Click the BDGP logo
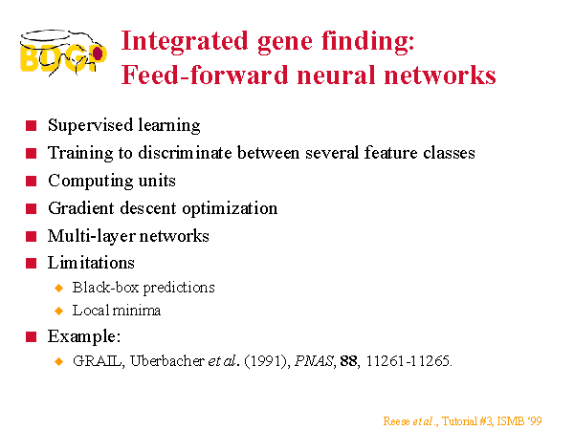click(63, 54)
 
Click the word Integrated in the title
click(185, 42)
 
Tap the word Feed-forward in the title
click(205, 75)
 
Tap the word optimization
click(230, 208)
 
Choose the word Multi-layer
click(92, 236)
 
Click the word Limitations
click(91, 263)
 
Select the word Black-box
click(106, 288)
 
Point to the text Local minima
click(117, 311)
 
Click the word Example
click(84, 336)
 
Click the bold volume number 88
click(349, 361)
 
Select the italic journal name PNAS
click(315, 361)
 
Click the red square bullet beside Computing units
click(32, 181)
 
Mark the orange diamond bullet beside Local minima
click(58, 311)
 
